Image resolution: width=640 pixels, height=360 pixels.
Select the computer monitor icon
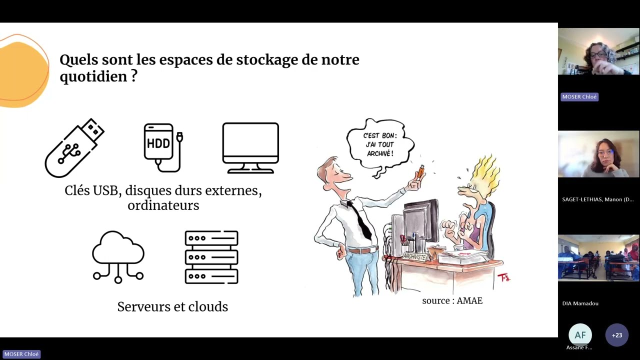[x=250, y=148]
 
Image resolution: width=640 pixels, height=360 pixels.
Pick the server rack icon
[x=211, y=257]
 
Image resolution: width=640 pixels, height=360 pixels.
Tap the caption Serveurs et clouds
[x=172, y=306]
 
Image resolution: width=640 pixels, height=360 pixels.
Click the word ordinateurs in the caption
[x=163, y=205]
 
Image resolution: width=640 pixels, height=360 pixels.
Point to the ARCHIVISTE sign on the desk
[x=414, y=256]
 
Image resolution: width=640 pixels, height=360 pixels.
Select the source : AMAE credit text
[x=452, y=300]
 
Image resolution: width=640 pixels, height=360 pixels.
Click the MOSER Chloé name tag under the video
[x=579, y=96]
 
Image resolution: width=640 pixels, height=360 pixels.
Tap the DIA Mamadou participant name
[x=580, y=303]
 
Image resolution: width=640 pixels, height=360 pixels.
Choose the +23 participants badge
[x=616, y=335]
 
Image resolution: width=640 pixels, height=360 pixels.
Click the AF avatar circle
[x=580, y=335]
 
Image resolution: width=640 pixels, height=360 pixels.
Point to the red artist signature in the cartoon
[x=503, y=276]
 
